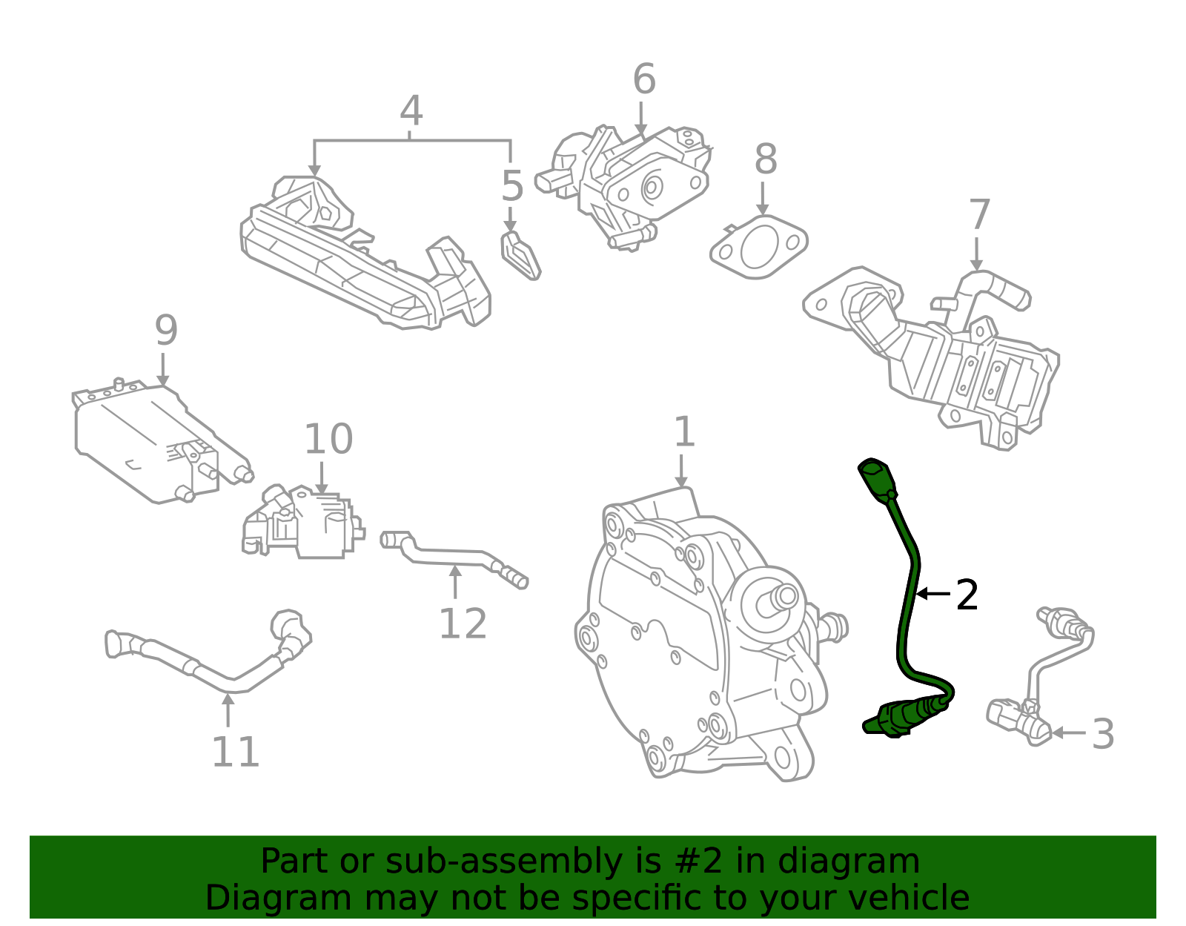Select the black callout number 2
[967, 595]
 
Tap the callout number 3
[1103, 734]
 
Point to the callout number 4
[411, 111]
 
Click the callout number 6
[643, 79]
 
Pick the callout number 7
[979, 215]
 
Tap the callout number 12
[463, 624]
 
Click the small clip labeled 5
[521, 256]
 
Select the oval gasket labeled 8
[758, 248]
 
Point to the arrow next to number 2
[932, 594]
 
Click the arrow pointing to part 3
[1067, 732]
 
